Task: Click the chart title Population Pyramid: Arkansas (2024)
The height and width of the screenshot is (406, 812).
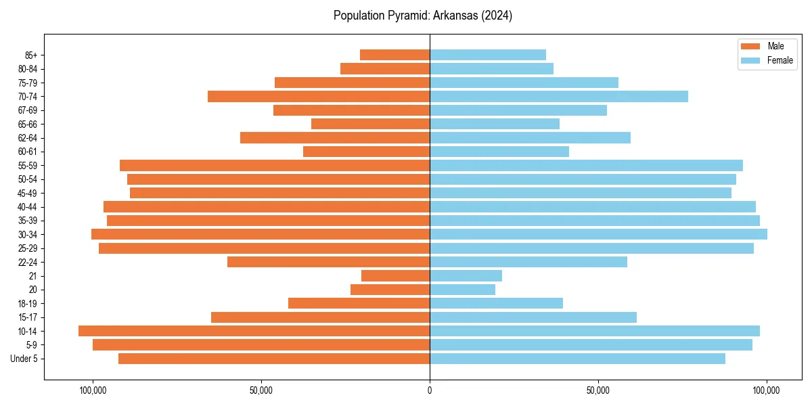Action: click(x=422, y=16)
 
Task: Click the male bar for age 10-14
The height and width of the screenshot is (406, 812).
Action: click(x=254, y=331)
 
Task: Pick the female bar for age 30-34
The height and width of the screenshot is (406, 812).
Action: click(x=598, y=234)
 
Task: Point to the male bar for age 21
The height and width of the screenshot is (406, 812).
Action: click(x=395, y=275)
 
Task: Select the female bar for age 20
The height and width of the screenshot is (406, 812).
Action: click(x=462, y=290)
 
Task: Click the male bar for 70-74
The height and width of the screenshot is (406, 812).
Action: click(x=318, y=96)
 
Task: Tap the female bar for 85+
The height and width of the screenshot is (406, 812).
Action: click(x=487, y=55)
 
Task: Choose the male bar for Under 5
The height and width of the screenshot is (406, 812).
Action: click(x=274, y=359)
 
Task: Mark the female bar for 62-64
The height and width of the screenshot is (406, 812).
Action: click(x=530, y=137)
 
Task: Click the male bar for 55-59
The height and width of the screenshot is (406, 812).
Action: click(x=275, y=165)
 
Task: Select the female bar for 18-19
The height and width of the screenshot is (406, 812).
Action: click(x=496, y=303)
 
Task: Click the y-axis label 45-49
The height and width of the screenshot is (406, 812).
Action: click(x=27, y=193)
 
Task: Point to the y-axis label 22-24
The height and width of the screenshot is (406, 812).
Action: click(x=27, y=262)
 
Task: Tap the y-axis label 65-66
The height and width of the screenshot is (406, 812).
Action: click(x=27, y=124)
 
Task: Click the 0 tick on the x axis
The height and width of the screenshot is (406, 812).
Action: click(x=430, y=390)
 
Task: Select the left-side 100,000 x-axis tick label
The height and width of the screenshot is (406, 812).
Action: click(x=93, y=390)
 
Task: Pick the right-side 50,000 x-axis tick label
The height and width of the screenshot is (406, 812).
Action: click(x=598, y=390)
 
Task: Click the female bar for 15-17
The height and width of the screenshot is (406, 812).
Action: click(x=533, y=317)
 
